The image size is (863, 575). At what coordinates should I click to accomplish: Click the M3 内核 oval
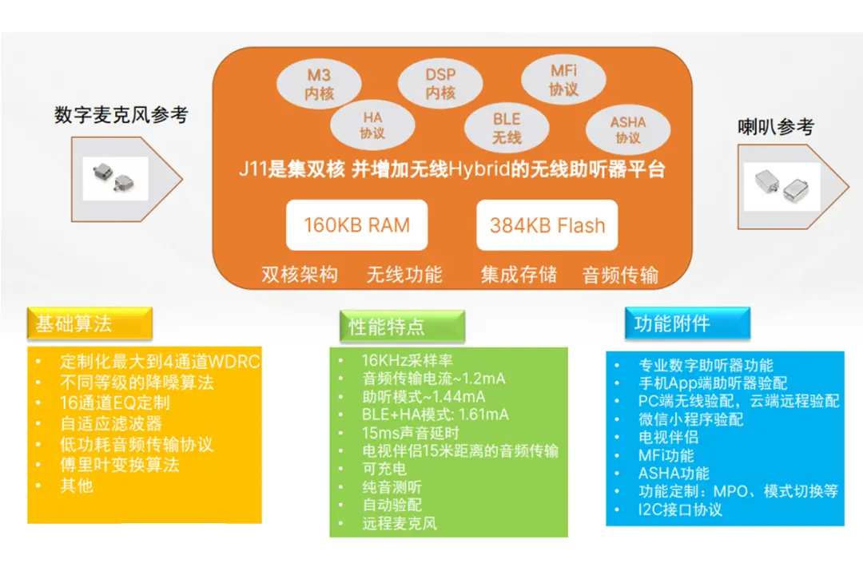(x=319, y=84)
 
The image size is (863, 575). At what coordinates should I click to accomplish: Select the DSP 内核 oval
(x=440, y=83)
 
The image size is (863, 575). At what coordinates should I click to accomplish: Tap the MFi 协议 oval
(x=563, y=80)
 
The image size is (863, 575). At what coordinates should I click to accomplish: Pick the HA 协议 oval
(x=372, y=125)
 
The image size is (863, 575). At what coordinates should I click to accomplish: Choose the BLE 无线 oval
(x=507, y=128)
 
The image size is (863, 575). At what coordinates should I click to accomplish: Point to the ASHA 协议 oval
(x=628, y=129)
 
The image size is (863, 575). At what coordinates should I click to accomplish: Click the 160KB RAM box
(x=356, y=225)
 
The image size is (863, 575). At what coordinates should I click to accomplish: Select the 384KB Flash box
(x=547, y=225)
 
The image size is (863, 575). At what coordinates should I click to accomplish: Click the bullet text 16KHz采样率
(x=407, y=360)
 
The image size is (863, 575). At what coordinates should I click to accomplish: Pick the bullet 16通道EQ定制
(x=115, y=402)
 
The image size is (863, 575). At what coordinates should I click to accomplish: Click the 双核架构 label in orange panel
(x=300, y=276)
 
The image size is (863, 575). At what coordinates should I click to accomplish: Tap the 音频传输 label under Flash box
(x=620, y=276)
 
